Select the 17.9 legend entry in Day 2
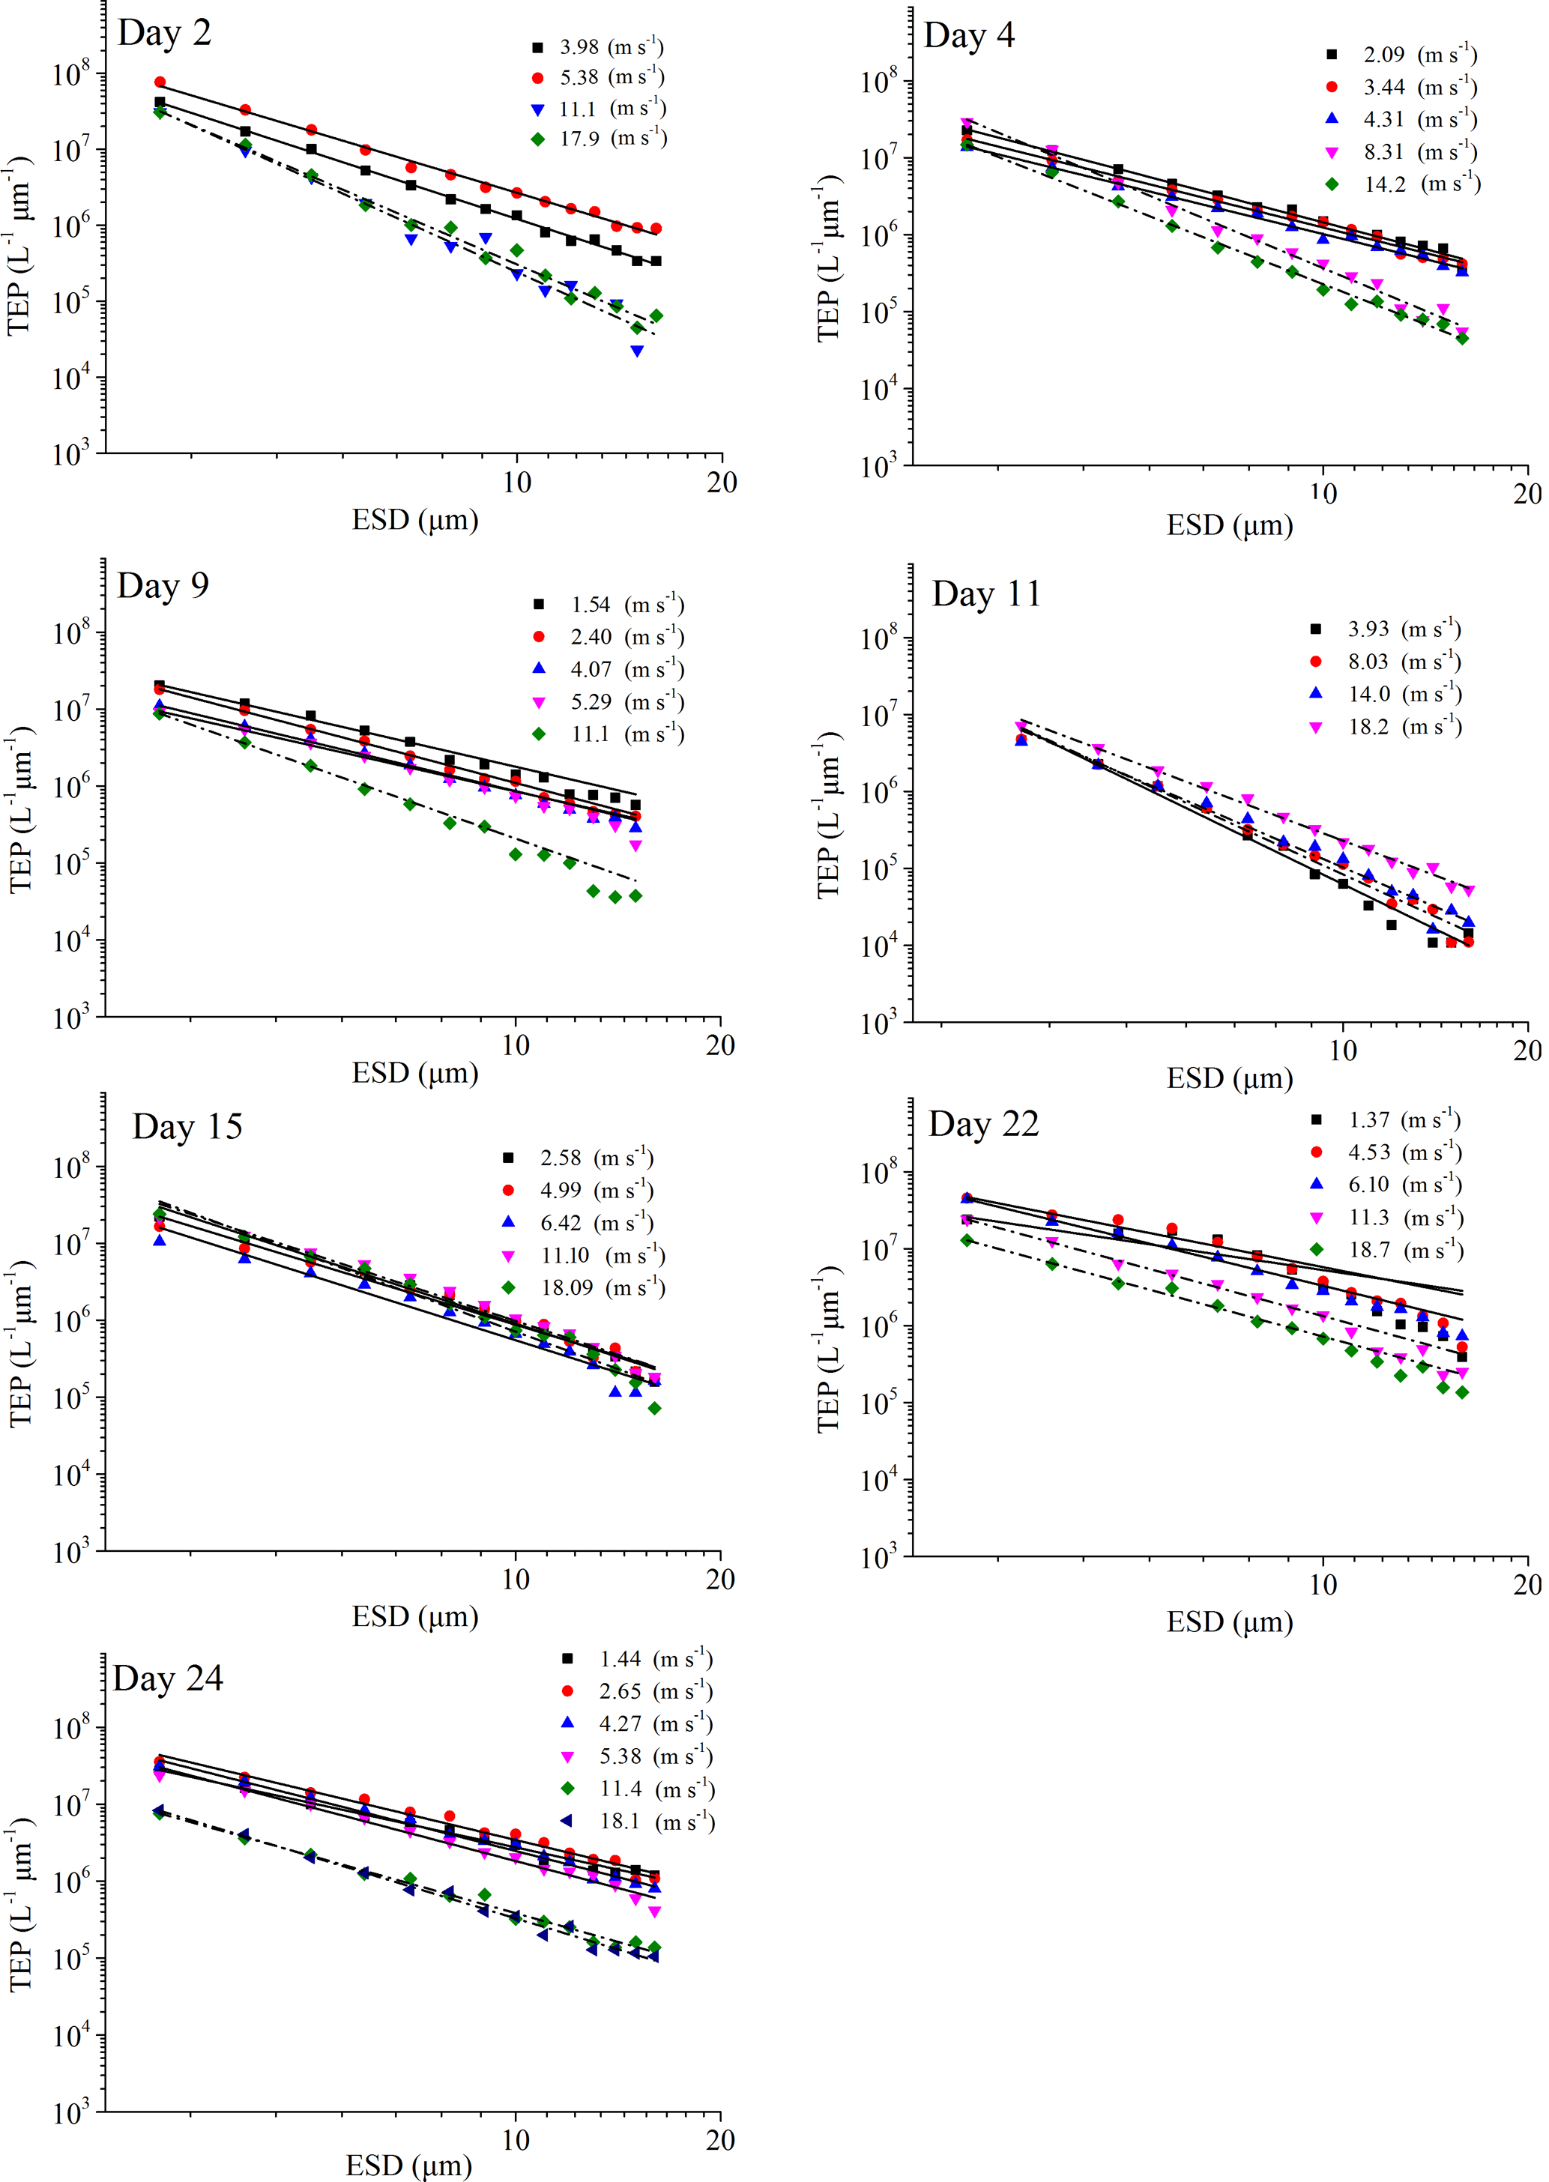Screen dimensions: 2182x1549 click(x=598, y=139)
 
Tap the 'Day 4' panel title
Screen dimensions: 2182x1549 click(x=969, y=36)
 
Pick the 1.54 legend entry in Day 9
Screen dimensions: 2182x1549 click(x=611, y=605)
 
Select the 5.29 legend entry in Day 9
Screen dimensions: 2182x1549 click(x=611, y=703)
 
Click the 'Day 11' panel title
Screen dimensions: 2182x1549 click(x=986, y=594)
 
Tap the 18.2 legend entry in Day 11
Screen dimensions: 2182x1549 click(x=1389, y=728)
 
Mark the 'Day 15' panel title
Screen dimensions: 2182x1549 click(x=187, y=1127)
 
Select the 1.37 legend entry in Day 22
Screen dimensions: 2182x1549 click(x=1389, y=1120)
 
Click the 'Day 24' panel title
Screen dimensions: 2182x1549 click(x=168, y=1678)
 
